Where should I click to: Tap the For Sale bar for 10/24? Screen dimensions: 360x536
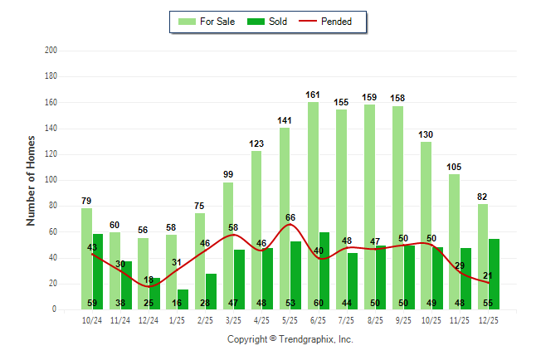pyautogui.click(x=86, y=258)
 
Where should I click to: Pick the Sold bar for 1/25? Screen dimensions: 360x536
pyautogui.click(x=183, y=299)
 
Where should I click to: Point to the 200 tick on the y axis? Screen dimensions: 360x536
pyautogui.click(x=51, y=51)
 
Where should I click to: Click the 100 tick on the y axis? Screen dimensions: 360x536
pyautogui.click(x=51, y=180)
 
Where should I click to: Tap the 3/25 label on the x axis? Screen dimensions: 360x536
pyautogui.click(x=233, y=321)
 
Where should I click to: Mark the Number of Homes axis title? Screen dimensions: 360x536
pyautogui.click(x=32, y=180)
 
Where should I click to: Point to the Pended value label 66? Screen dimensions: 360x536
pyautogui.click(x=290, y=217)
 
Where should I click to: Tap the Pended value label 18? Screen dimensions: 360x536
pyautogui.click(x=149, y=280)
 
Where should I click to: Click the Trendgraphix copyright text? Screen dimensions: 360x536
pyautogui.click(x=290, y=339)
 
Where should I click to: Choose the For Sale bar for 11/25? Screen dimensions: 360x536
pyautogui.click(x=454, y=241)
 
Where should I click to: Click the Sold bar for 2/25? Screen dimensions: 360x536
pyautogui.click(x=211, y=291)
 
